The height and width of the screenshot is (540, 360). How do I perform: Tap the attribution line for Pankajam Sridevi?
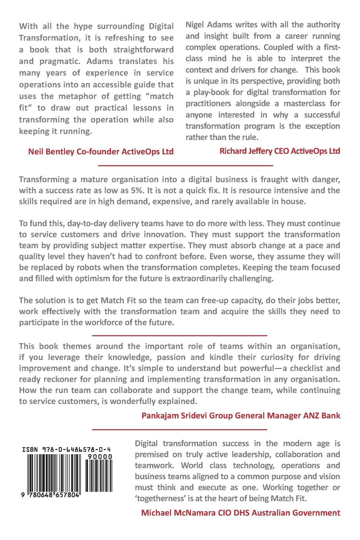(241, 416)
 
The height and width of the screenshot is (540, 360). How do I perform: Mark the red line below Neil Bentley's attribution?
(185, 165)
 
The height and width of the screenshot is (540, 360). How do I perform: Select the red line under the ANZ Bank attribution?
(179, 429)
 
